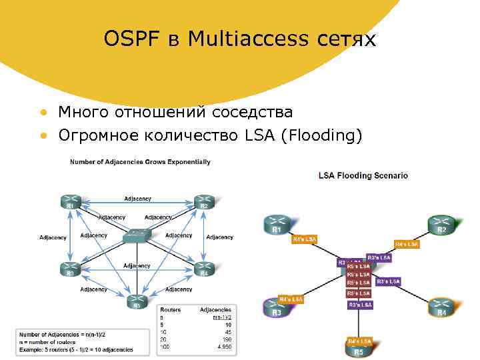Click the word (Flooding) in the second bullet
(321, 136)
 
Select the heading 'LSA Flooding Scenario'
(363, 176)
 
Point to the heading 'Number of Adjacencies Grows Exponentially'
(140, 161)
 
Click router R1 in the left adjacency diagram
(71, 202)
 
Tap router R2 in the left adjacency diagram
(203, 202)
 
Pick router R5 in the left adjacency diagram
(137, 301)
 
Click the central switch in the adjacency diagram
(137, 237)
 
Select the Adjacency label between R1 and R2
(137, 199)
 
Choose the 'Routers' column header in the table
(170, 310)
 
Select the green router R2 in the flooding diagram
(441, 225)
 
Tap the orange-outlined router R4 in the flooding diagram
(441, 307)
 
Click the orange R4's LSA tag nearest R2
(407, 244)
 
